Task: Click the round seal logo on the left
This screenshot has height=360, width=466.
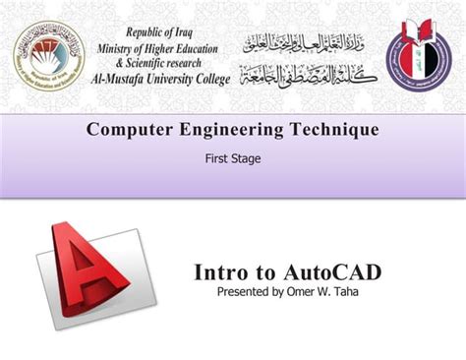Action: tap(49, 56)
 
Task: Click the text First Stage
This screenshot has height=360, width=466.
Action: tap(233, 157)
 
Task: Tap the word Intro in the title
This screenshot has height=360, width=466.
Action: tap(221, 272)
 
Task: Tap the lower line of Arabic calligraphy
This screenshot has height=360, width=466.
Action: tap(306, 72)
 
